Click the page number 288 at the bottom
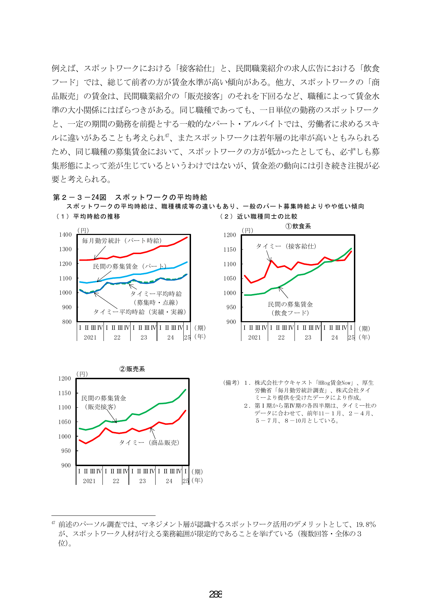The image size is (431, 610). click(216, 594)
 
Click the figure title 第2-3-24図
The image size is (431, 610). click(80, 197)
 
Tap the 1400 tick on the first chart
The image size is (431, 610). click(65, 235)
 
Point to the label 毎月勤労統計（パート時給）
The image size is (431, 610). click(122, 241)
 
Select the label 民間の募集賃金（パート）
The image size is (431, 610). click(130, 267)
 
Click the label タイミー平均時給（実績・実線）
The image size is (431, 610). click(140, 312)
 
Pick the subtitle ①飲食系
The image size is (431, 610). click(298, 226)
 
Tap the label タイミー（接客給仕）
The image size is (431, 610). click(286, 246)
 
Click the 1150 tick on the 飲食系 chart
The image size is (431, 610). click(230, 250)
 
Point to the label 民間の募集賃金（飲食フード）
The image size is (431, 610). click(290, 309)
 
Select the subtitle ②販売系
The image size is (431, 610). click(132, 369)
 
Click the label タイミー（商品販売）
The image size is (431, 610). click(149, 442)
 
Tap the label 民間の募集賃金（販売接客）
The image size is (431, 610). click(103, 402)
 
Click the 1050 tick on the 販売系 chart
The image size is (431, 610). click(64, 422)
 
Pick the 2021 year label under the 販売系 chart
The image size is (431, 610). click(89, 481)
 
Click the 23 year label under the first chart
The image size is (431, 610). click(144, 337)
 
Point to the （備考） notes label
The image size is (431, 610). click(231, 383)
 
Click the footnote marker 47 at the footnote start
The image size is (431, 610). click(53, 523)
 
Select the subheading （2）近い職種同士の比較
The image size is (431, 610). click(258, 217)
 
